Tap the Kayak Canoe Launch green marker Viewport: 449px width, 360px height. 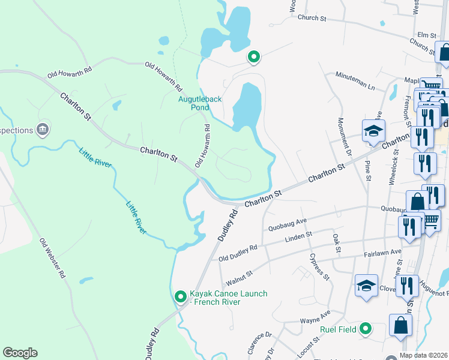coord(180,297)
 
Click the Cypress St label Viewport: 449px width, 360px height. coord(319,267)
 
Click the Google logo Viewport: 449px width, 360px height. coord(20,353)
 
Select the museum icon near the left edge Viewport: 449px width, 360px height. coord(43,128)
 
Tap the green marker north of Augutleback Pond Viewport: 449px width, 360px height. coord(254,57)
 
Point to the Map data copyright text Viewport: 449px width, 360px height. coord(424,355)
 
